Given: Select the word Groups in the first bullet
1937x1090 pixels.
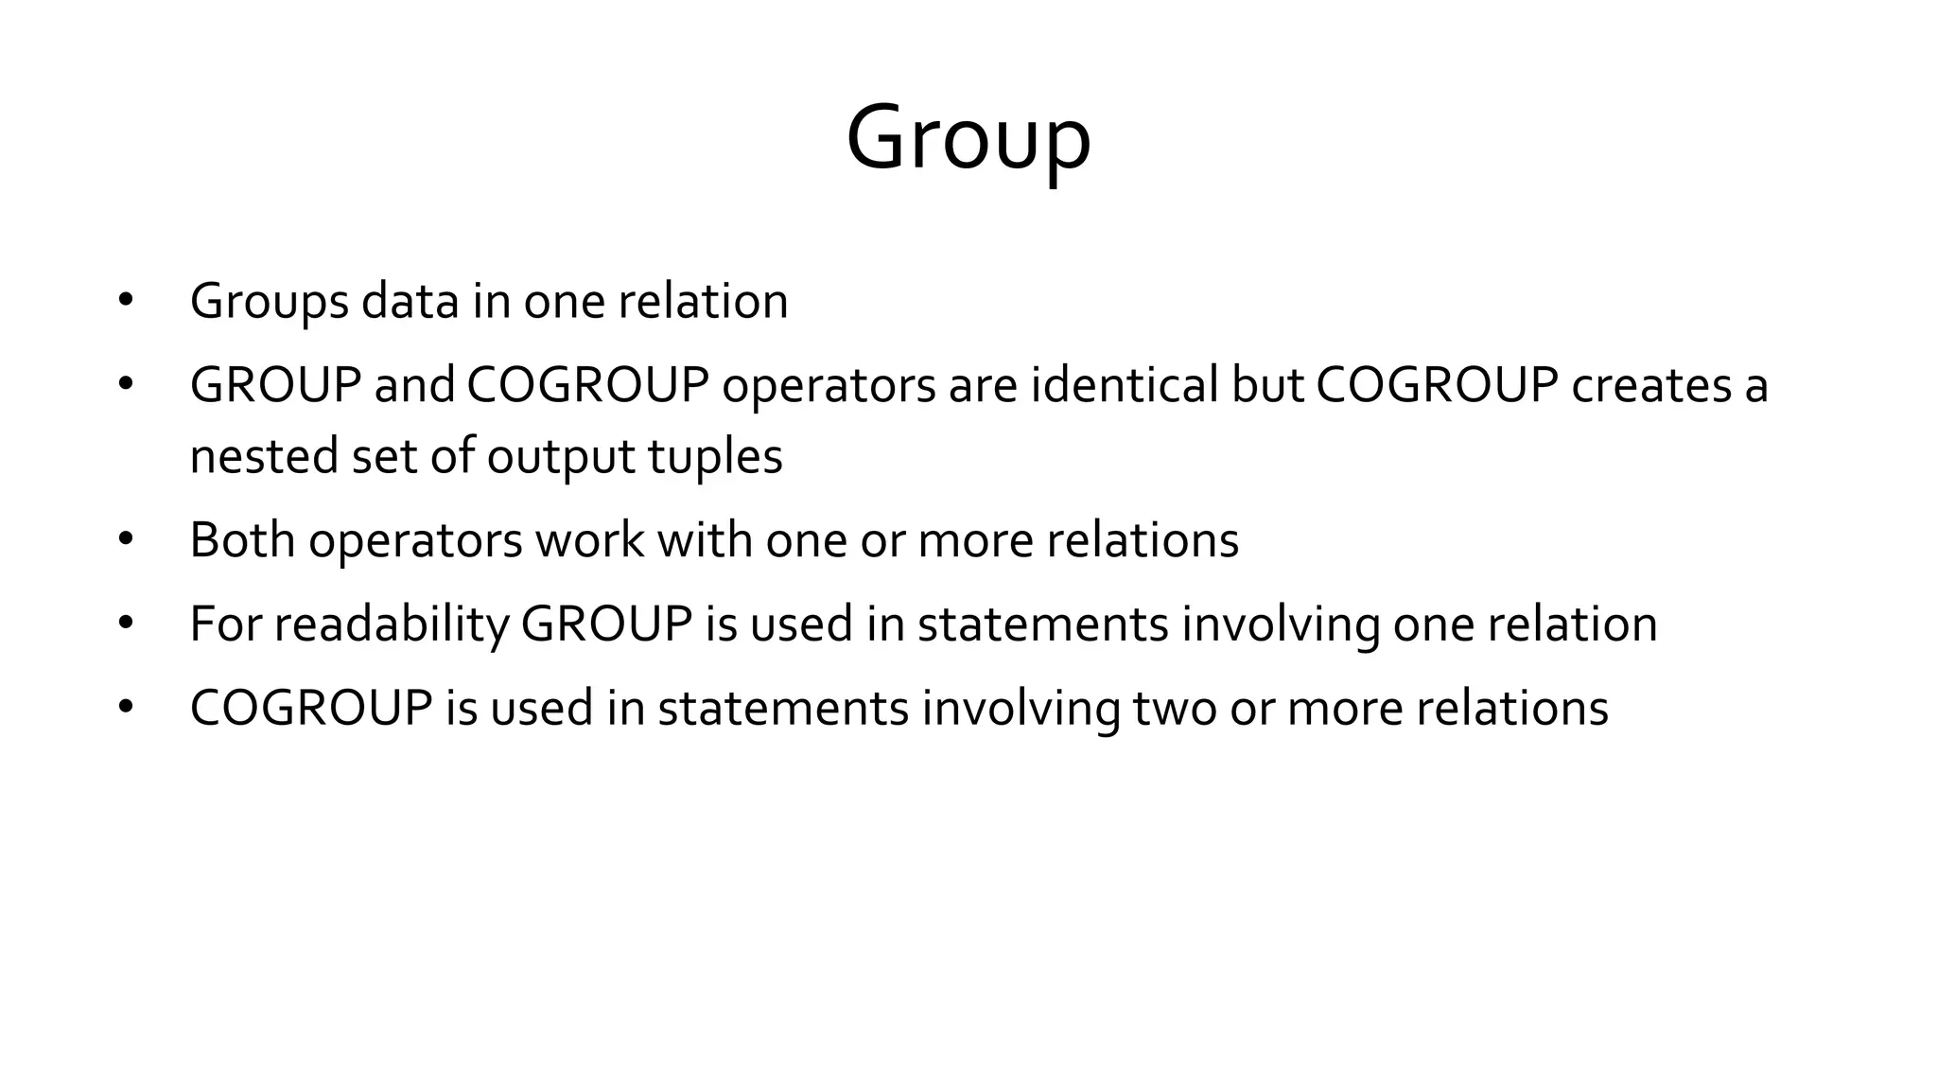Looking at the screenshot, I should click(270, 302).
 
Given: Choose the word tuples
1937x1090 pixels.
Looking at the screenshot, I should click(715, 456).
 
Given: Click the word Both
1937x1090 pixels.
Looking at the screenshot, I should click(242, 540).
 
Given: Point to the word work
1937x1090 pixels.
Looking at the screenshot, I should click(590, 540).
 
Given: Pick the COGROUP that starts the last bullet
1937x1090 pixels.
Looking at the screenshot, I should click(311, 708).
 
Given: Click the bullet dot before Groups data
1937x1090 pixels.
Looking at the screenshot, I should click(126, 302).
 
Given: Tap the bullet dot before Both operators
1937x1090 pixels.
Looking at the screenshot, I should click(126, 540).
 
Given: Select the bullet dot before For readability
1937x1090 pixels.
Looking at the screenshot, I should click(126, 624).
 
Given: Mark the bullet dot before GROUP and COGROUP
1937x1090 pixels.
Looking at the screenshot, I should click(126, 385).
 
